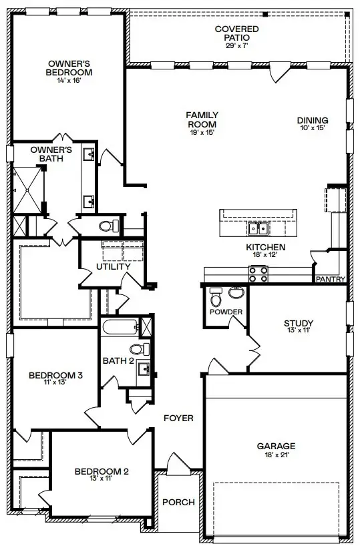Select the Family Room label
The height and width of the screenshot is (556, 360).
coord(202,120)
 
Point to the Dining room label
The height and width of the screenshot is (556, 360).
coord(312,121)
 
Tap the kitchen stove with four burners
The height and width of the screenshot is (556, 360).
coord(258,273)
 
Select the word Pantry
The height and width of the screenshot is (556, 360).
coord(330,279)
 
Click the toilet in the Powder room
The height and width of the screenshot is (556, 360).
coord(216,295)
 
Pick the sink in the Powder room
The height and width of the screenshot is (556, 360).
coord(236,292)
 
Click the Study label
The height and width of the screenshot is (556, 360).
coord(297,324)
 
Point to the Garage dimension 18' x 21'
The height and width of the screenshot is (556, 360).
coord(276,455)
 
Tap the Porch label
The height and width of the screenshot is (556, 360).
coord(178,502)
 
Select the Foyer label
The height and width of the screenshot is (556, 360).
coord(178,419)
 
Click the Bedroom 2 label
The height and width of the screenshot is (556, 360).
coord(102,472)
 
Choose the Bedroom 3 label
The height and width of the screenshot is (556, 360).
coord(55,376)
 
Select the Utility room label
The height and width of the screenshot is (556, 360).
coord(113,267)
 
